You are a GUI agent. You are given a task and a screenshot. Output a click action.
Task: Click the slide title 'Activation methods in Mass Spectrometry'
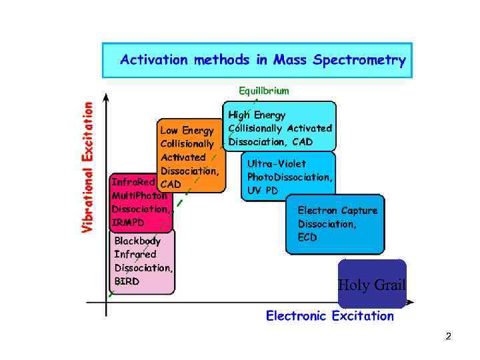(263, 61)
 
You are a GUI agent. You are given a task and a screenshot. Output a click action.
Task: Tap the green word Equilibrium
(264, 90)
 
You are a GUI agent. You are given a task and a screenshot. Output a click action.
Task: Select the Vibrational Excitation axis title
(88, 166)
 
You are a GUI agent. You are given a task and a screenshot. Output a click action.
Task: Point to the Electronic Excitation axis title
(330, 316)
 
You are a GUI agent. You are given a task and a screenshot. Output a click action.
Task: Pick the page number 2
(448, 337)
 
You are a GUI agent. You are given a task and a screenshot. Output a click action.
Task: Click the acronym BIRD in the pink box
(127, 281)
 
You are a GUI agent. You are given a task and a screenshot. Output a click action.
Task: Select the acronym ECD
(307, 237)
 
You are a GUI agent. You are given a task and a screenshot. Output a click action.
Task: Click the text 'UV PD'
(263, 191)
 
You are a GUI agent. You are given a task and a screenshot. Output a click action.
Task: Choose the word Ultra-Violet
(276, 163)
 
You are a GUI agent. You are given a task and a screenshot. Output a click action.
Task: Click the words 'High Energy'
(257, 114)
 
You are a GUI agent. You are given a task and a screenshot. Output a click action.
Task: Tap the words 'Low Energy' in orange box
(187, 130)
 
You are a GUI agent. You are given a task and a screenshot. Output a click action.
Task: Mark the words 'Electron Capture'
(337, 210)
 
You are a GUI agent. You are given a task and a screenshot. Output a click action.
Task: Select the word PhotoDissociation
(289, 177)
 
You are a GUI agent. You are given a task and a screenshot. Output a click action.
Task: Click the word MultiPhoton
(140, 195)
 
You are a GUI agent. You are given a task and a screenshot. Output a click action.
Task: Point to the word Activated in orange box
(183, 157)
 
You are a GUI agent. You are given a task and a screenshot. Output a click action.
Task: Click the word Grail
(389, 285)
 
